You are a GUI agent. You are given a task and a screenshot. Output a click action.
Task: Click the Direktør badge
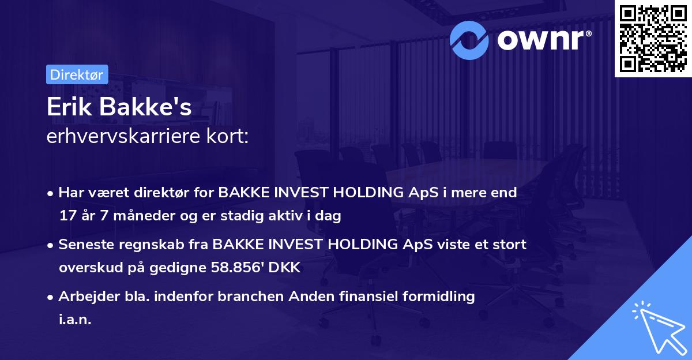click(x=77, y=74)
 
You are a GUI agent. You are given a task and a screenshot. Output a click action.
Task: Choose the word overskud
click(x=86, y=268)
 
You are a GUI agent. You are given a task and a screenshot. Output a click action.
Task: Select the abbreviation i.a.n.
click(x=75, y=320)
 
